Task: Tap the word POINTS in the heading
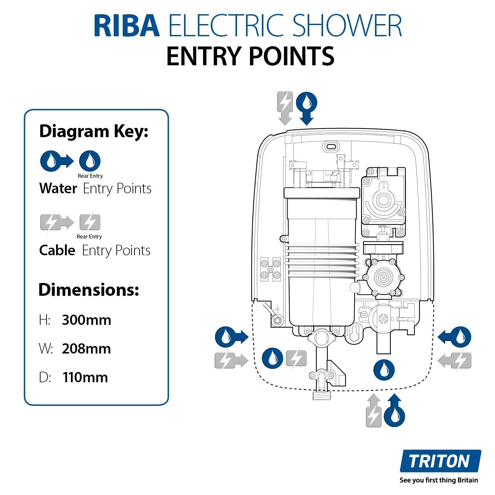[292, 56]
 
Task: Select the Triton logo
[440, 461]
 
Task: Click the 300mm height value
[86, 320]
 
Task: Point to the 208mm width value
[86, 349]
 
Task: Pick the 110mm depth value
[85, 377]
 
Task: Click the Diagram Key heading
[94, 131]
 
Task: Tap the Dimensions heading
[89, 290]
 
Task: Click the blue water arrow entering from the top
[307, 108]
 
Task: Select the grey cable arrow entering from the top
[285, 108]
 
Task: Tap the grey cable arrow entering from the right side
[455, 360]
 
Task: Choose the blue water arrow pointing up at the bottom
[394, 410]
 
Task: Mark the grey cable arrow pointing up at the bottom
[374, 410]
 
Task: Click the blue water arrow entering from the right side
[454, 337]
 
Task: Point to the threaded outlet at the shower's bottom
[321, 394]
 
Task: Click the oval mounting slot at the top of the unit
[331, 146]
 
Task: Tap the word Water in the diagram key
[58, 188]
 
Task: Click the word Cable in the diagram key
[57, 250]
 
